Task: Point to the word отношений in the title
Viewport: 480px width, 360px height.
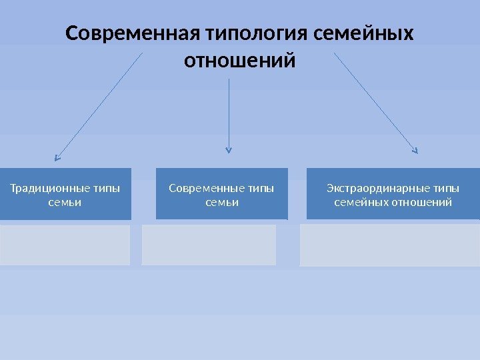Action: tap(239, 61)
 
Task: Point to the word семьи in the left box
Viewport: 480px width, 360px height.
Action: tap(65, 201)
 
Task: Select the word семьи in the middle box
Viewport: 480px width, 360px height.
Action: tap(221, 201)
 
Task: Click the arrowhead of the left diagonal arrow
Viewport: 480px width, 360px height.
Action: tap(57, 159)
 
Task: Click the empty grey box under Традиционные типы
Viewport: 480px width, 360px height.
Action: tap(65, 245)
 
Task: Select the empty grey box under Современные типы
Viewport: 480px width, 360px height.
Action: tap(209, 245)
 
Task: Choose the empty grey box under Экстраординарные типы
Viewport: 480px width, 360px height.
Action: tap(390, 245)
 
